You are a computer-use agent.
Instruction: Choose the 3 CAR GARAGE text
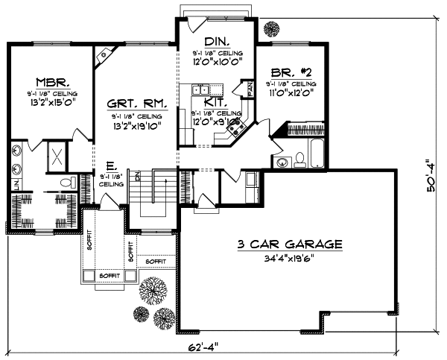(290, 244)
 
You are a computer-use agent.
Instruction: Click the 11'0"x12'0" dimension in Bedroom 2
(289, 95)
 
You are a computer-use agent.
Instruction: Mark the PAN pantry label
(251, 89)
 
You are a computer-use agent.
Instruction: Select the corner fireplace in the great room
(104, 55)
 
